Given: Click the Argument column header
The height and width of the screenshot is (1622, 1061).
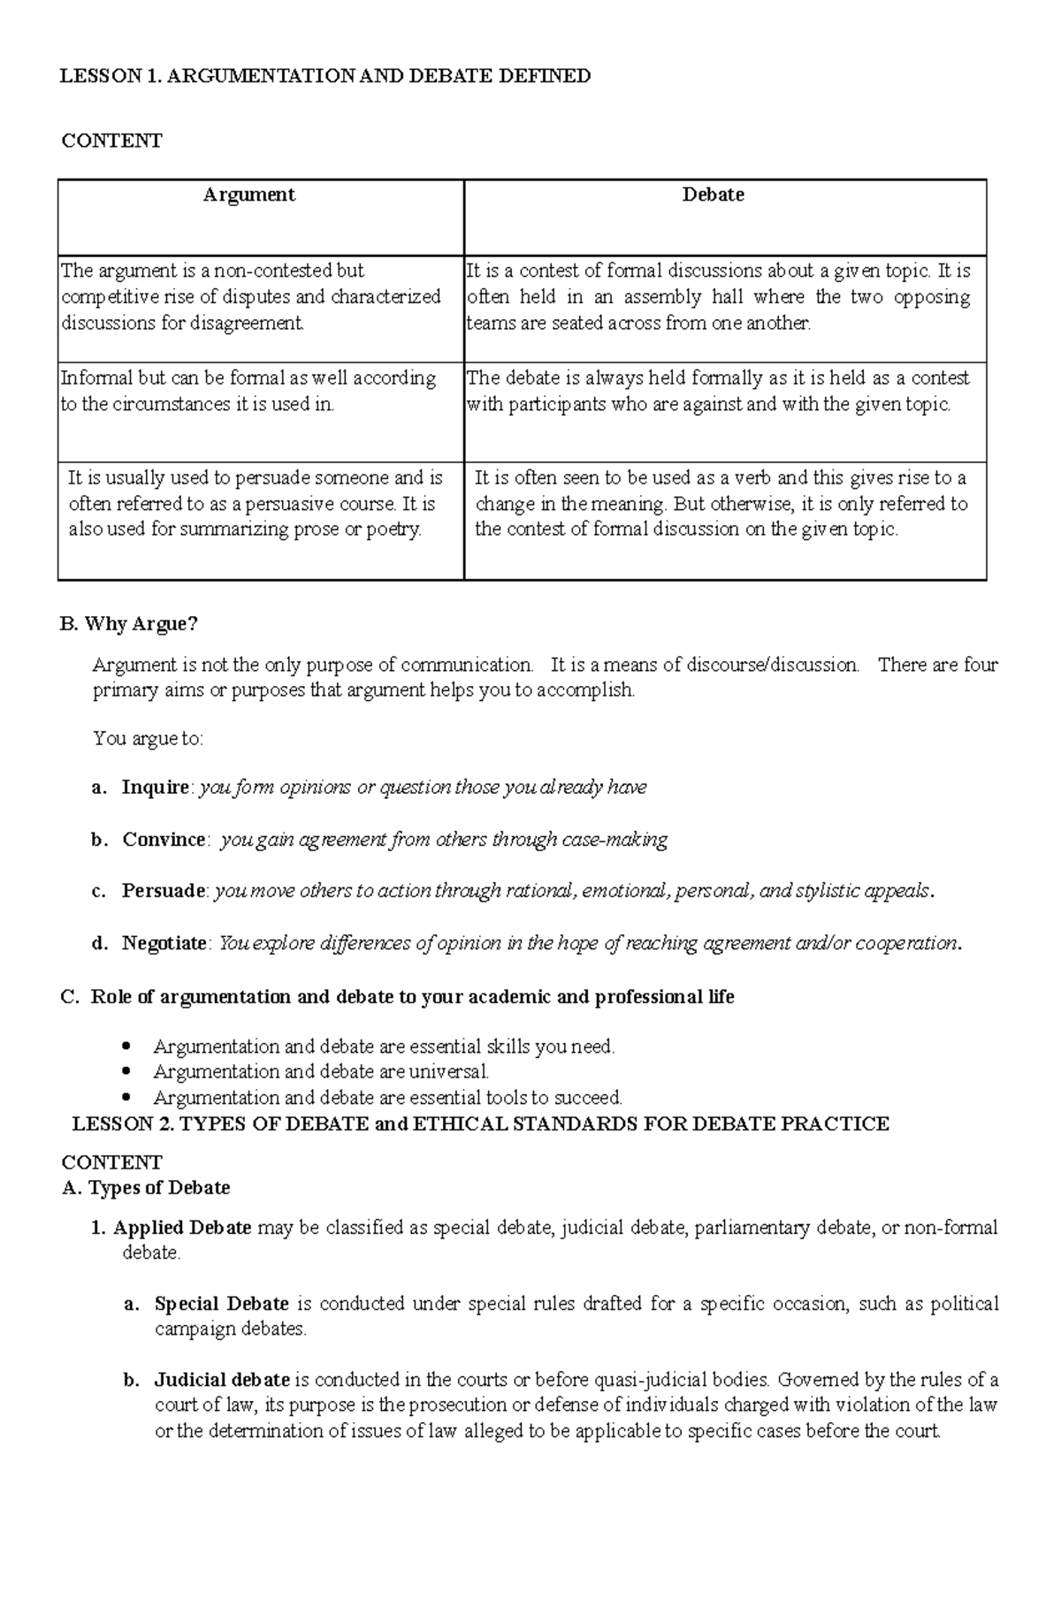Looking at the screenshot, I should pos(248,195).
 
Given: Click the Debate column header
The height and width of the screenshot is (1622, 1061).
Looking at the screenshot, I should pos(713,195).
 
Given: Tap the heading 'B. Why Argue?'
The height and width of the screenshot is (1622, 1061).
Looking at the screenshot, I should pos(128,624).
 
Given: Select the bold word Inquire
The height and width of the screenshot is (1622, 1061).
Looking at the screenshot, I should pos(156,788).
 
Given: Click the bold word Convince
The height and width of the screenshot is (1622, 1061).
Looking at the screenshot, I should pos(164,840).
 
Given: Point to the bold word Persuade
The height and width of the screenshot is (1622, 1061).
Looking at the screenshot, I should pos(164,891).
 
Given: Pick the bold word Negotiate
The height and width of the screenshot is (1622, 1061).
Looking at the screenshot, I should pos(164,943).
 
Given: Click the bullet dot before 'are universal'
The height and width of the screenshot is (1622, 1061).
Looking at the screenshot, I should pos(128,1071).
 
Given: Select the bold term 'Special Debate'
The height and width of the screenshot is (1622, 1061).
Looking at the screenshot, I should pos(222,1304).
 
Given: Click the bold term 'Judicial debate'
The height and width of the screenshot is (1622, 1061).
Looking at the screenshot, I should pos(222,1380).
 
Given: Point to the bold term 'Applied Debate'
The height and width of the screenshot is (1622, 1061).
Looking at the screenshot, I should pos(182,1228).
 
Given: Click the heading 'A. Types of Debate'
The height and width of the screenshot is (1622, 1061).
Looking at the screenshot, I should pos(146,1188).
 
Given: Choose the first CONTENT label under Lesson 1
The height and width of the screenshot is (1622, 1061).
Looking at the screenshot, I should pos(111,141).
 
